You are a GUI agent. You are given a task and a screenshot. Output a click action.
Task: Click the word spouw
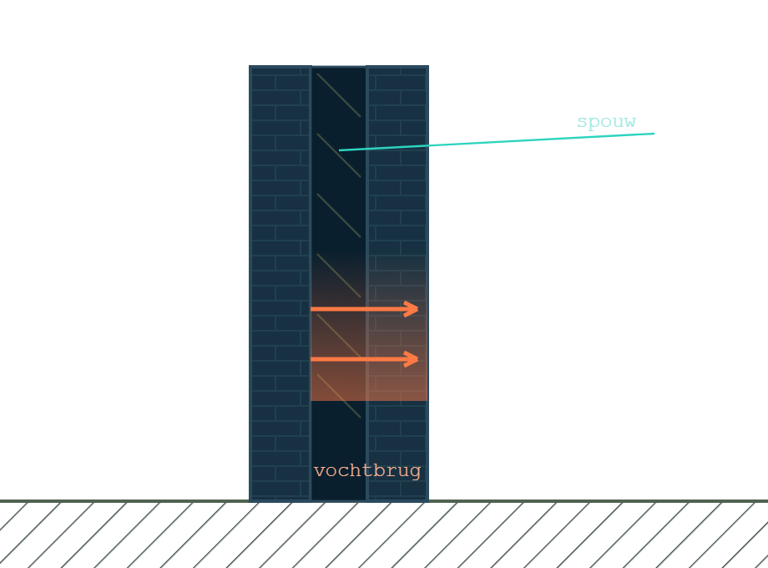pos(606,122)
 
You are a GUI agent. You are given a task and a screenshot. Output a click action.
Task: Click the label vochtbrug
pos(367,471)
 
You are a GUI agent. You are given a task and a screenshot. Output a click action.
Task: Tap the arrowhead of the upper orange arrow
pos(412,309)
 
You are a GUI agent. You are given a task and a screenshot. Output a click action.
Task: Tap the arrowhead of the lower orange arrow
pos(412,359)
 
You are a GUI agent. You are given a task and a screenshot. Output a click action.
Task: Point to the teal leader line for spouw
pos(497,142)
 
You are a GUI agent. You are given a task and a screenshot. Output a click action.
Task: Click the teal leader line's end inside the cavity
pos(340,150)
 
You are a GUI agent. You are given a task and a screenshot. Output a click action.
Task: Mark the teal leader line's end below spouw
pos(654,134)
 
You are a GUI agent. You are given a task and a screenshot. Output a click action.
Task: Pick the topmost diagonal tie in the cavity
pos(339,95)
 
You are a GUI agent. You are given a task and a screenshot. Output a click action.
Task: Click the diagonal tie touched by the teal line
pos(339,155)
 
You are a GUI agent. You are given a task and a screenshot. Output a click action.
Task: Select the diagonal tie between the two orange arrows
pos(339,336)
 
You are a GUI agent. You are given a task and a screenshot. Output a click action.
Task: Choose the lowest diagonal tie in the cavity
pos(339,396)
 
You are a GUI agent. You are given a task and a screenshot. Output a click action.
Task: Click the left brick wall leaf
pos(280,283)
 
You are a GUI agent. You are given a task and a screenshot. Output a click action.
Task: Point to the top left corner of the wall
pos(250,66)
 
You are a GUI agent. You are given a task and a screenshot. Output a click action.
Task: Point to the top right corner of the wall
pos(428,66)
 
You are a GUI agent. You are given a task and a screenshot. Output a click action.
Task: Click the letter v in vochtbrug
pos(320,472)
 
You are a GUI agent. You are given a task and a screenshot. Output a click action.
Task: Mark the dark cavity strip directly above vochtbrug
pos(339,431)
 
